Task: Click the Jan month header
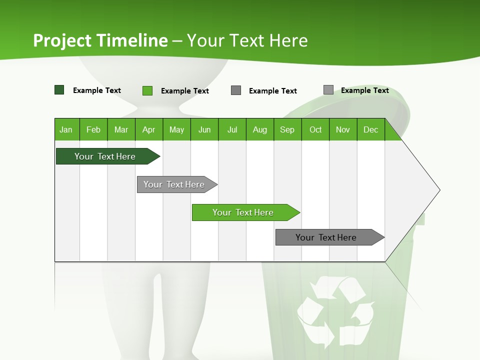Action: [x=66, y=129]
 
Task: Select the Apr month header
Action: [x=148, y=129]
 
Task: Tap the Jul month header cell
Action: [x=232, y=129]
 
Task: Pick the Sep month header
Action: [x=287, y=129]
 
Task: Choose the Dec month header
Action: [x=370, y=129]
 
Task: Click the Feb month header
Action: [x=93, y=129]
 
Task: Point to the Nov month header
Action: [x=343, y=129]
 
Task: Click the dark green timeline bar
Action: [x=105, y=156]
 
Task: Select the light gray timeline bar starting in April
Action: [x=174, y=184]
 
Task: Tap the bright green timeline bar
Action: [x=243, y=212]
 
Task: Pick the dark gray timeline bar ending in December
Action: [x=326, y=237]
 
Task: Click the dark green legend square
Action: [x=59, y=90]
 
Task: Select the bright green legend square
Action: [x=147, y=90]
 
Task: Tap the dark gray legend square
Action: [x=236, y=90]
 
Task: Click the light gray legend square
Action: [x=328, y=90]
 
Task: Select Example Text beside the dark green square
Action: [x=97, y=90]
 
